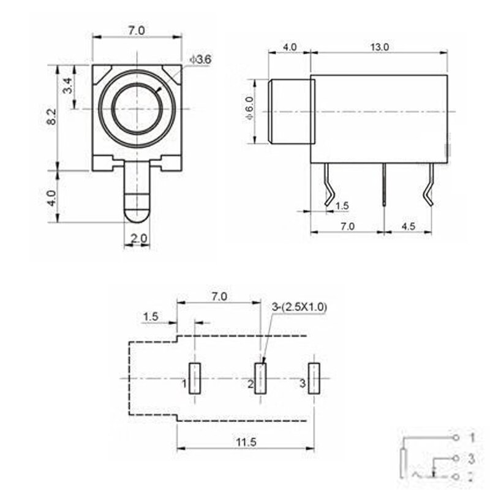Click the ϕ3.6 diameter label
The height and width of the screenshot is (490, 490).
(201, 59)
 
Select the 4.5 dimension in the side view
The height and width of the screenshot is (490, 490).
(408, 226)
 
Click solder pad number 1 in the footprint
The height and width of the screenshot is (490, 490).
(195, 379)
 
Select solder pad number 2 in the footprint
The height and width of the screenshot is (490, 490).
(261, 379)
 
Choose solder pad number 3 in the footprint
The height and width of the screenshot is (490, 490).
(314, 379)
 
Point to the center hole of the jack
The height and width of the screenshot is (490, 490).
(137, 108)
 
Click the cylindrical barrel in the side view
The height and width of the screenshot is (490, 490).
(290, 111)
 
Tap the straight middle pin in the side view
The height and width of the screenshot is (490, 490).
(383, 184)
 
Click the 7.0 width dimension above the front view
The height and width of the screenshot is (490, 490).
(137, 29)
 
